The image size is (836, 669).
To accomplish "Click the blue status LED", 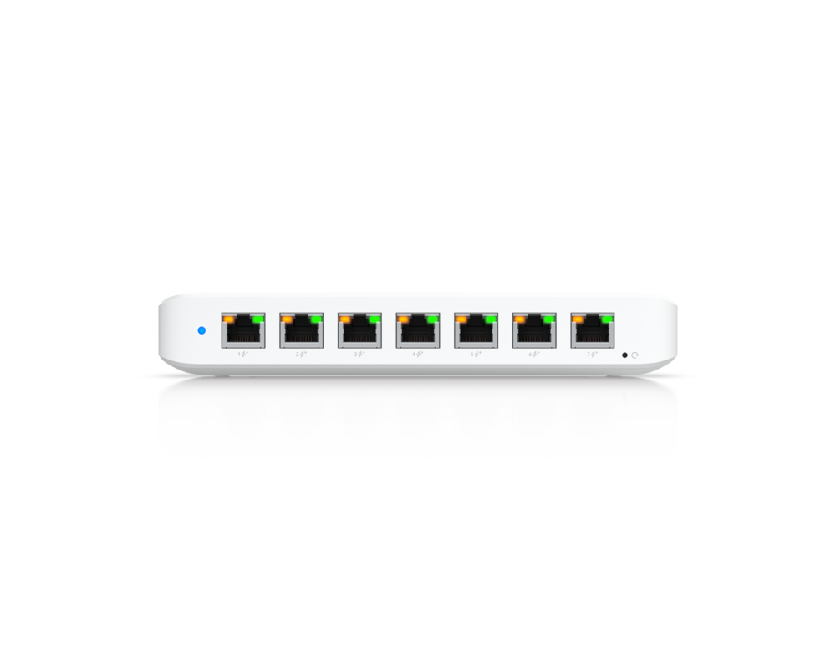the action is [x=201, y=329].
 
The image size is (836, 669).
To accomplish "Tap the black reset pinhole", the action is [x=624, y=355].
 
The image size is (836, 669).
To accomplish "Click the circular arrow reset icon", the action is [x=635, y=355].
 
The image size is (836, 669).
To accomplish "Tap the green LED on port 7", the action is [x=607, y=319].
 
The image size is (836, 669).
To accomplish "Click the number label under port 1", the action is [x=242, y=354].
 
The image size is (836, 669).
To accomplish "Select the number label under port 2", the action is [x=301, y=354].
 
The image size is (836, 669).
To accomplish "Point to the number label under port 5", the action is [x=476, y=354].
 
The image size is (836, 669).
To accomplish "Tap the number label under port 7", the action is [x=592, y=354].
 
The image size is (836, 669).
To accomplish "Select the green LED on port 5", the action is [x=490, y=319].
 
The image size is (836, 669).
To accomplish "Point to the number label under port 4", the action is [x=417, y=354].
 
